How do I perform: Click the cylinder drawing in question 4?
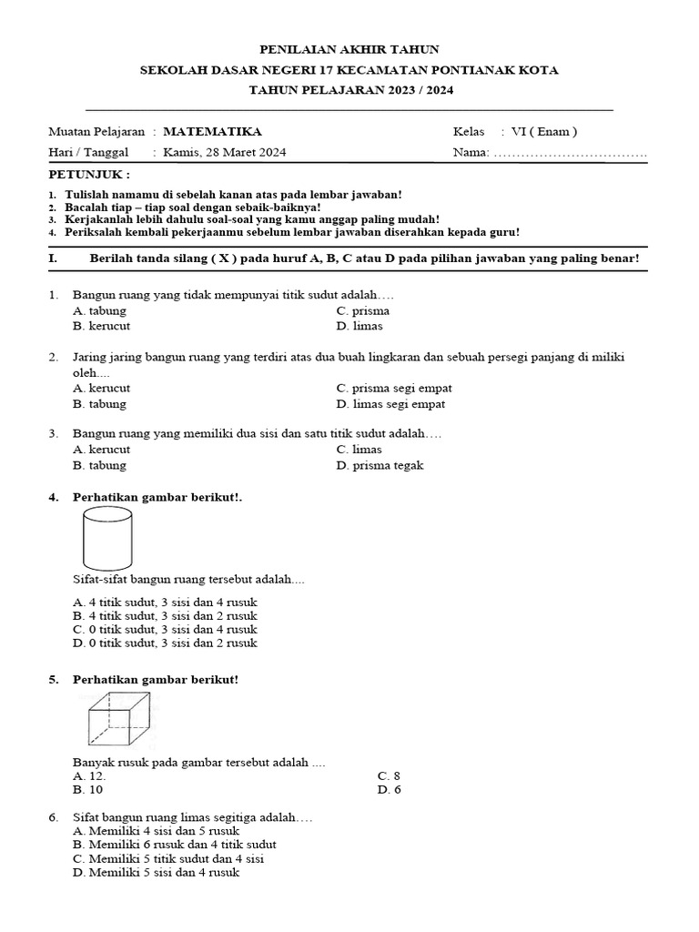click(106, 538)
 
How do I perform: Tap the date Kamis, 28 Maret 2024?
click(224, 152)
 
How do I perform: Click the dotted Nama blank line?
click(570, 153)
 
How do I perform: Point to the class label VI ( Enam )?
click(544, 131)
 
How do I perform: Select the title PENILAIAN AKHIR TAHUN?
click(350, 48)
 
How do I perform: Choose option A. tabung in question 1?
click(99, 310)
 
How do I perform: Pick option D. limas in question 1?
click(360, 326)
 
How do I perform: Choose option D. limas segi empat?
click(390, 403)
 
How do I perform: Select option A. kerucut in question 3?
click(101, 449)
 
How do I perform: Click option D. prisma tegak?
click(380, 465)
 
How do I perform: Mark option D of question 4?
click(165, 643)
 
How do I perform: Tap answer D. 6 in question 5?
click(389, 789)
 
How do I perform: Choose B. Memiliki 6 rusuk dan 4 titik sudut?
click(174, 844)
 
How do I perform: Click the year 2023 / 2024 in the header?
click(402, 90)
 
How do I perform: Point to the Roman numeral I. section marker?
click(53, 259)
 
